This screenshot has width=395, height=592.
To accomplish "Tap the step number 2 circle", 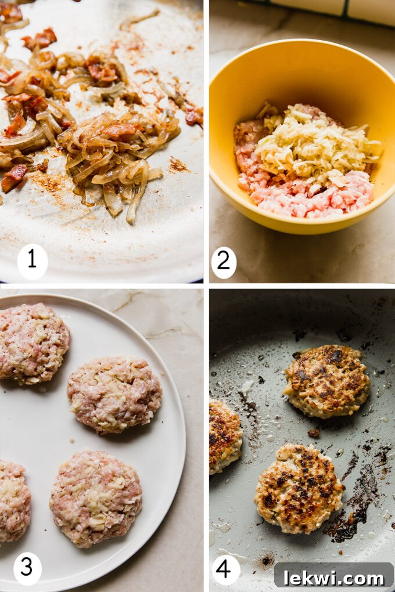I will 224,262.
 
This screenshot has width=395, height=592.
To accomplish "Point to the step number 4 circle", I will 226,568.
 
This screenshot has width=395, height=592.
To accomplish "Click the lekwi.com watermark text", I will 333,576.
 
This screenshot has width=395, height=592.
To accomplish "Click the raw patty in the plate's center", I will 114,394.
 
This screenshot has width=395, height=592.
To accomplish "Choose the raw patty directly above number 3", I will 96,498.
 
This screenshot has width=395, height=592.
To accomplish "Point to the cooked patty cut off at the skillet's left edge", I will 224,435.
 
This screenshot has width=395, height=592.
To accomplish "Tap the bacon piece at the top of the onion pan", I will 39,39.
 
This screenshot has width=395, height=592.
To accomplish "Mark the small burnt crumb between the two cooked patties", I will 314,432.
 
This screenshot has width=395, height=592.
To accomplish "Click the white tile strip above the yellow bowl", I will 325,10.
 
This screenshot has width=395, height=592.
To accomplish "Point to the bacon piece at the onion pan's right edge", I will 194,116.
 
